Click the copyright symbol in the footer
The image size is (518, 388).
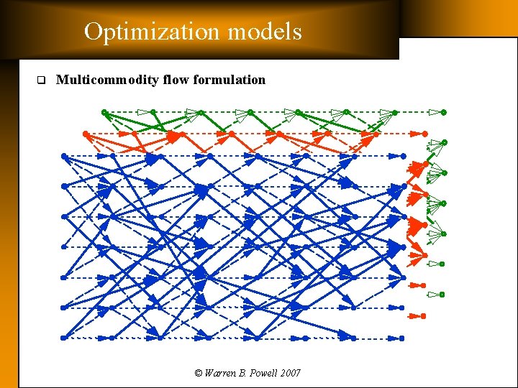pyautogui.click(x=199, y=373)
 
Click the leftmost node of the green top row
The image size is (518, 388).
pyautogui.click(x=104, y=112)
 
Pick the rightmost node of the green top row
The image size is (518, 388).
pyautogui.click(x=444, y=112)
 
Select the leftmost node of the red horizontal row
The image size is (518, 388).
pyautogui.click(x=86, y=134)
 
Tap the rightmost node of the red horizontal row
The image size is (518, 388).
pyautogui.click(x=424, y=134)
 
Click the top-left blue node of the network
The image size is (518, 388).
pyautogui.click(x=64, y=155)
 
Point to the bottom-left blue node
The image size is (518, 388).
pyautogui.click(x=64, y=337)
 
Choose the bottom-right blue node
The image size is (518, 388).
pyautogui.click(x=402, y=337)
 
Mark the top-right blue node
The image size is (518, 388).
pyautogui.click(x=402, y=155)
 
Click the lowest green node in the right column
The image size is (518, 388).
pyautogui.click(x=442, y=294)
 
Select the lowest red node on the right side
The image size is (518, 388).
pyautogui.click(x=424, y=315)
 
